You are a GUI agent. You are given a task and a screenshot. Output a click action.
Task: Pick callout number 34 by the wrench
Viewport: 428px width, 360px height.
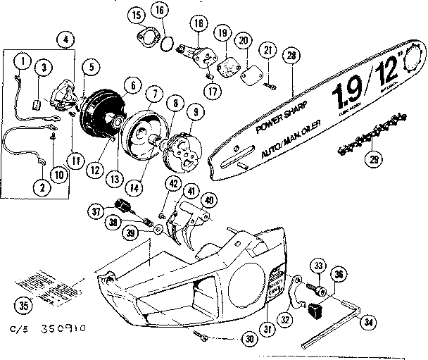[x=366, y=323]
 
